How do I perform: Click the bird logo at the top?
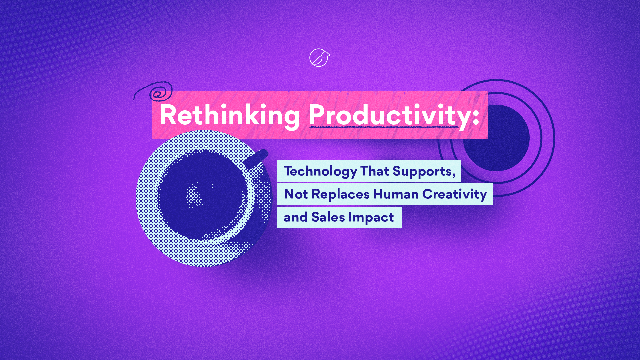[320, 58]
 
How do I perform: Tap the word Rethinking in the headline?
[230, 115]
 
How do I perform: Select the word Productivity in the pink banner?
[389, 115]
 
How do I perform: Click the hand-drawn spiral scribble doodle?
[154, 91]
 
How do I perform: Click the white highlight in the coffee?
[194, 196]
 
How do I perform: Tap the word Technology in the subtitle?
[320, 172]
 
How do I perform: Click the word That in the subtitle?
[375, 171]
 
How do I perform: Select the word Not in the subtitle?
[296, 194]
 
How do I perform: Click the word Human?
[396, 194]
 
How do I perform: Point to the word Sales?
[328, 217]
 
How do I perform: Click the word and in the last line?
[296, 217]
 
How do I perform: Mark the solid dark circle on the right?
[496, 138]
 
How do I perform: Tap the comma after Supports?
[454, 175]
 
